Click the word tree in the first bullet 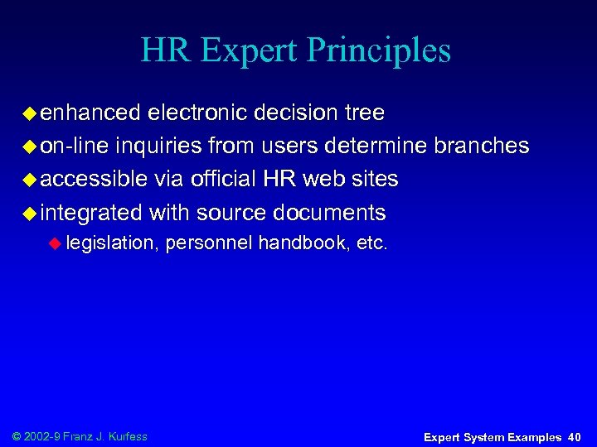(x=362, y=112)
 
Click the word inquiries (x=160, y=146)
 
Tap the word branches (x=481, y=146)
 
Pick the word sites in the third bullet (x=375, y=179)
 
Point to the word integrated (x=91, y=213)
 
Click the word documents (x=327, y=213)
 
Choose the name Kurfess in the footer (x=128, y=436)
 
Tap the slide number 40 (x=575, y=436)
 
